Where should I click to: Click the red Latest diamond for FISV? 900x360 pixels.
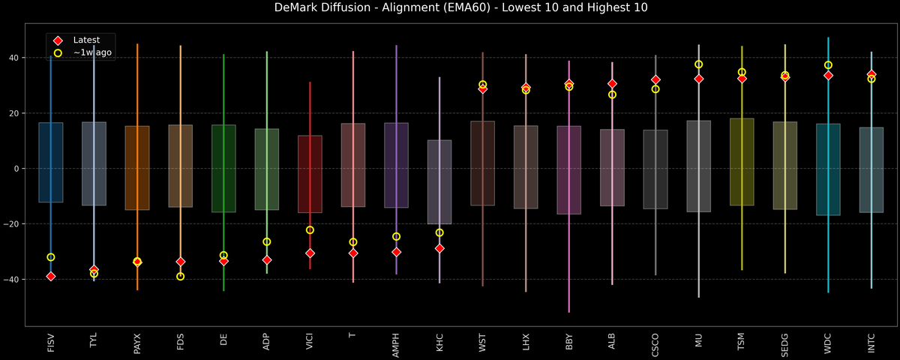pos(50,276)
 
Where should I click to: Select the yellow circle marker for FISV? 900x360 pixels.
pos(50,257)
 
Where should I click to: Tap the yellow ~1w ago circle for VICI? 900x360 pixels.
pos(310,230)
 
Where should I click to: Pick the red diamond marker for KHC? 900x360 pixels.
pos(439,248)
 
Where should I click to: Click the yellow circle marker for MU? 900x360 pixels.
pos(698,64)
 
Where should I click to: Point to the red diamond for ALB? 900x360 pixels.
pos(612,83)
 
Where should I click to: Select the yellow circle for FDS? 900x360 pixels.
pos(180,277)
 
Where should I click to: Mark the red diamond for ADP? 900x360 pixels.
pos(266,259)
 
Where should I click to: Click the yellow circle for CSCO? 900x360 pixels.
pos(655,88)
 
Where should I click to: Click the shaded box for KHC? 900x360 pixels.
pos(439,182)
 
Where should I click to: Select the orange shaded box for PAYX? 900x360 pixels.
pos(136,168)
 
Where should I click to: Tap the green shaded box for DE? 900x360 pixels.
pos(223,169)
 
